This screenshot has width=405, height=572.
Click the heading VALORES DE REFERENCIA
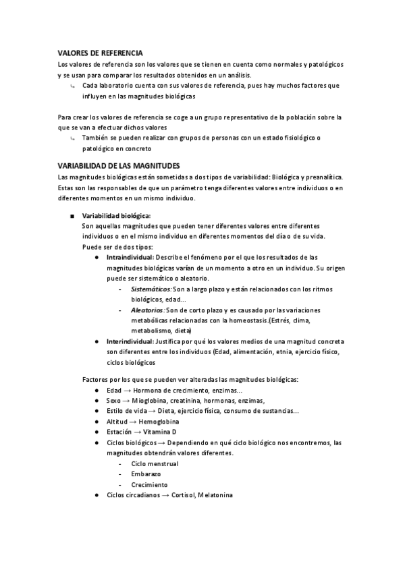point(99,52)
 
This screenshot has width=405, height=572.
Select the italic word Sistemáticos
point(151,289)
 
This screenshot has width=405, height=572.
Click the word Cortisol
point(182,494)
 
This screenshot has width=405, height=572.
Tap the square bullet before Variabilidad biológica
point(71,215)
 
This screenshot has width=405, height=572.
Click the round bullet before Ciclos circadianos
point(98,494)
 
